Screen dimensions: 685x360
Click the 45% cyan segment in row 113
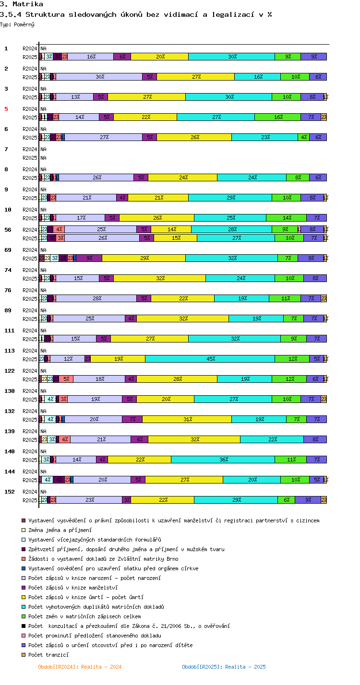click(x=210, y=359)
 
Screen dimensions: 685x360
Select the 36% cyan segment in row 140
click(x=223, y=460)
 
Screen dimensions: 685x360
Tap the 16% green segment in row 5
click(x=277, y=117)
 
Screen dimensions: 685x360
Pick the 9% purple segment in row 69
click(x=89, y=258)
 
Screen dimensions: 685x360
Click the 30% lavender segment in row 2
click(x=99, y=77)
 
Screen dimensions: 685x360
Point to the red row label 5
click(x=6, y=109)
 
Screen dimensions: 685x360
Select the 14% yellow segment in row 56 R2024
click(x=171, y=229)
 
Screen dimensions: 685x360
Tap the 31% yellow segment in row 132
click(x=187, y=419)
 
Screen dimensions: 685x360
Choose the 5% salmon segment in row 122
click(x=66, y=379)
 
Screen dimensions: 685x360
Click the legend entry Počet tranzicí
click(x=48, y=655)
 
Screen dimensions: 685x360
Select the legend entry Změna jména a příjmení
click(x=60, y=530)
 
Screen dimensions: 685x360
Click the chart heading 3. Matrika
click(x=21, y=4)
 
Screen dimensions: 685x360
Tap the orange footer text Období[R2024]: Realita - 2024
click(x=80, y=667)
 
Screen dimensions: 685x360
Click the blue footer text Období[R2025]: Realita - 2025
click(x=224, y=667)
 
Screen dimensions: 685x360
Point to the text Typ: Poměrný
click(x=17, y=24)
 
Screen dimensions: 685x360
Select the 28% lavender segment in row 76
click(x=96, y=298)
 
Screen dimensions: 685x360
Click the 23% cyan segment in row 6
click(x=264, y=137)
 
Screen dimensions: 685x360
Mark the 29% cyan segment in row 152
click(x=236, y=500)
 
